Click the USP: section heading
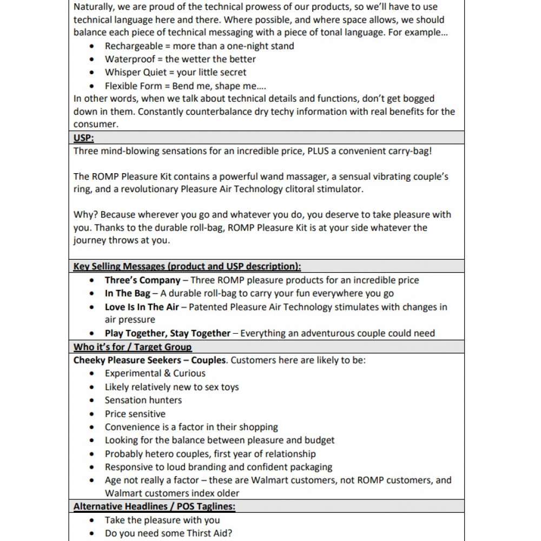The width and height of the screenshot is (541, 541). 83,138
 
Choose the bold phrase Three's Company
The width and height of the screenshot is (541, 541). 142,280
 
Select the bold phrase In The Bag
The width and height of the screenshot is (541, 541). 128,294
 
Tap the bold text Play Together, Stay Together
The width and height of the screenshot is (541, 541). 167,333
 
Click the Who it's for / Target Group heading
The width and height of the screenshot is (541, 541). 133,347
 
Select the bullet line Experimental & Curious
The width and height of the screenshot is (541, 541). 155,373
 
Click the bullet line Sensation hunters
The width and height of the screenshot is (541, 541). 143,400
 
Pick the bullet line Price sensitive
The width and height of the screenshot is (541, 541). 135,414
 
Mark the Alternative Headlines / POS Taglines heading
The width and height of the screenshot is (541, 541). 154,507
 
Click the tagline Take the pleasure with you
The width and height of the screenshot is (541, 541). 162,520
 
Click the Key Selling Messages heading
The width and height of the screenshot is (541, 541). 187,267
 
